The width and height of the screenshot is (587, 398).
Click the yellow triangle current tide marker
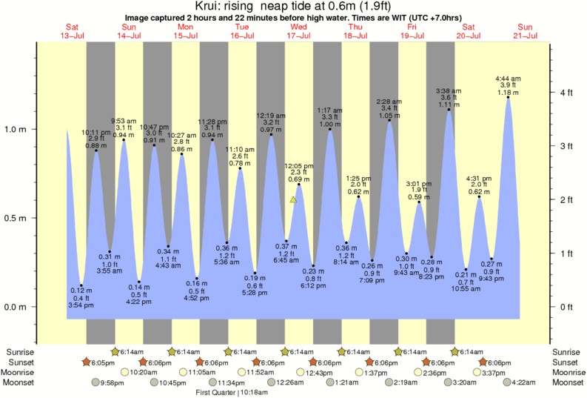click(x=293, y=199)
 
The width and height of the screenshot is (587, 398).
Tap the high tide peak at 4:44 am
click(x=508, y=97)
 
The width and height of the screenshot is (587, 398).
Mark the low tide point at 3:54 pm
click(x=81, y=285)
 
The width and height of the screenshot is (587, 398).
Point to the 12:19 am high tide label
click(x=271, y=116)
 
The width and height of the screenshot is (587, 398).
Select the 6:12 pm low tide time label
click(x=312, y=285)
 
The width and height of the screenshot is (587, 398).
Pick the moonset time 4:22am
click(x=524, y=382)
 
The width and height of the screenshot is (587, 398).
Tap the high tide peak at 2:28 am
click(x=389, y=121)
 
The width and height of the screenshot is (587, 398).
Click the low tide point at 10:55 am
click(x=466, y=270)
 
